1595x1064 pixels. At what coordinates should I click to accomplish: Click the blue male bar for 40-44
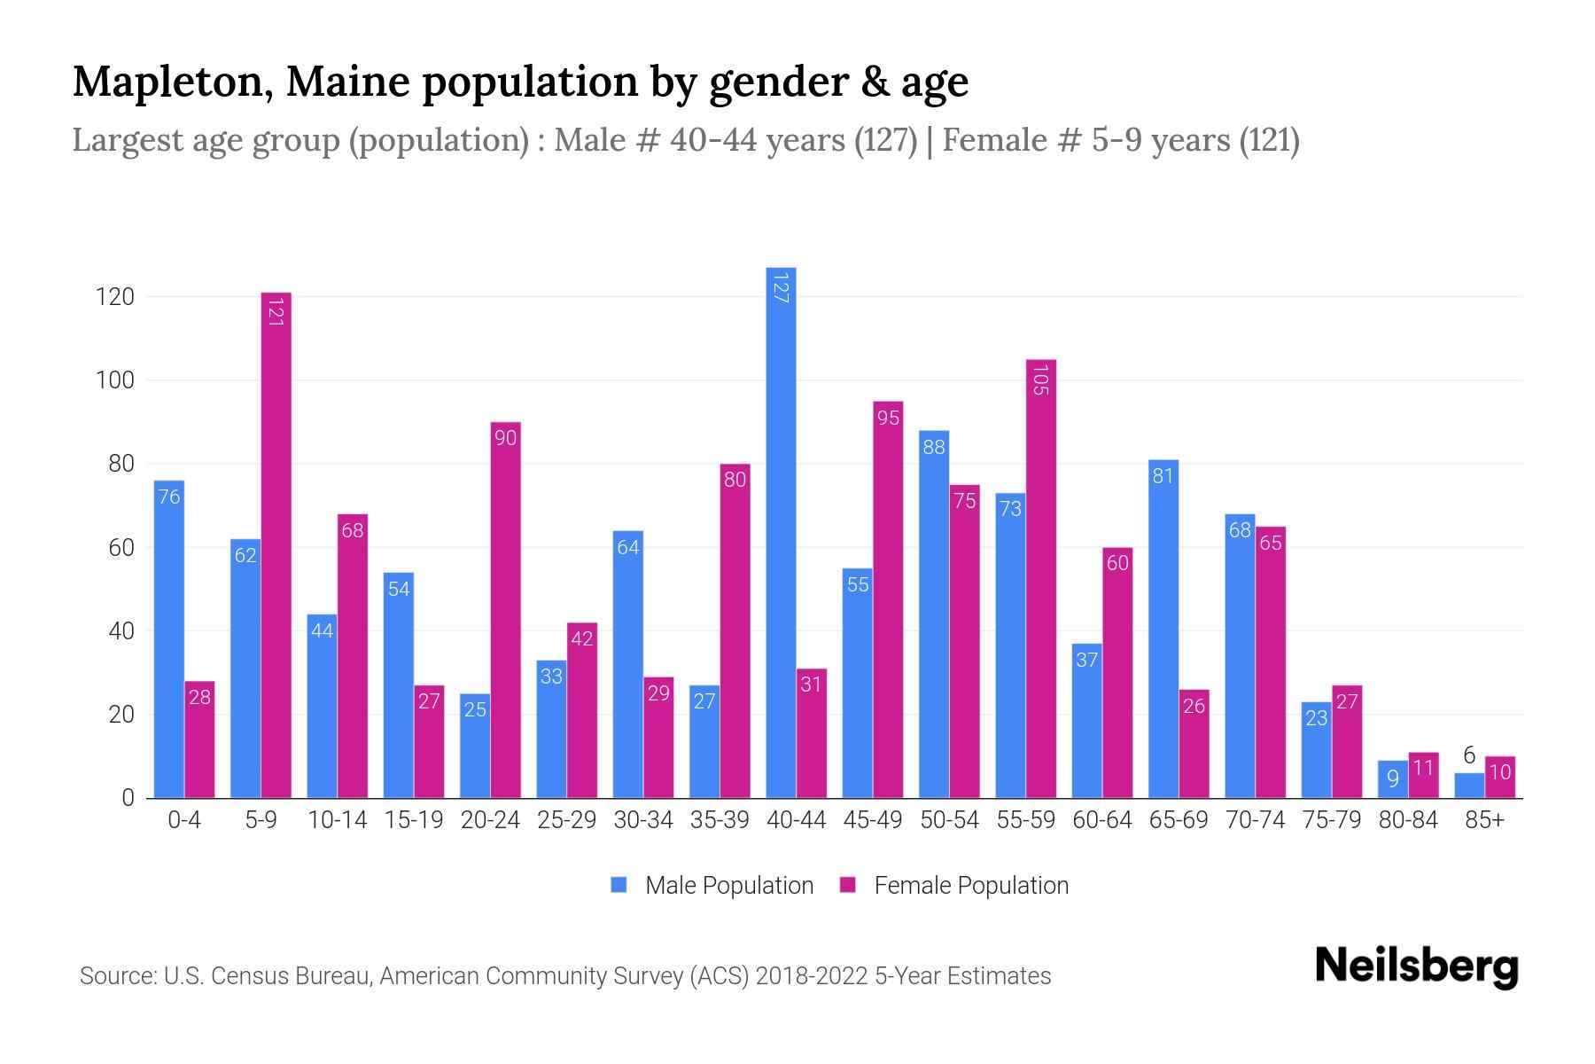tap(781, 532)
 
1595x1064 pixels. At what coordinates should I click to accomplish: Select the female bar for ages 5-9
tap(276, 545)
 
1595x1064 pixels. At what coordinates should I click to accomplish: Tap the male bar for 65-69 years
tap(1163, 629)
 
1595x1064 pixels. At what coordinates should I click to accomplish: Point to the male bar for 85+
tap(1468, 786)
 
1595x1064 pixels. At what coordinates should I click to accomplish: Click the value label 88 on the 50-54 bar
tap(934, 447)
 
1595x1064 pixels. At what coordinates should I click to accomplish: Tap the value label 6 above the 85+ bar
tap(1468, 755)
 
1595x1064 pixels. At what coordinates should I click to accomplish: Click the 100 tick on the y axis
tap(115, 380)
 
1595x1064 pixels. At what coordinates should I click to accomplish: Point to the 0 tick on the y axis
tap(128, 798)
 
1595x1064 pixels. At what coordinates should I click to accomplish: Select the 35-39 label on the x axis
tap(720, 820)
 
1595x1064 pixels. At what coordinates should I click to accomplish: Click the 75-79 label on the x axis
tap(1331, 820)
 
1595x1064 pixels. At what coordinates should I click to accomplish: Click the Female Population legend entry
tap(954, 885)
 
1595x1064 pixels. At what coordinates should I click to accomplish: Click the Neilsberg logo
tap(1416, 966)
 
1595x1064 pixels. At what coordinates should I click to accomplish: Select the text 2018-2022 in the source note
tap(812, 976)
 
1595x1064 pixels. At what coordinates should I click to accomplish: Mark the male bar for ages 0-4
tap(169, 638)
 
